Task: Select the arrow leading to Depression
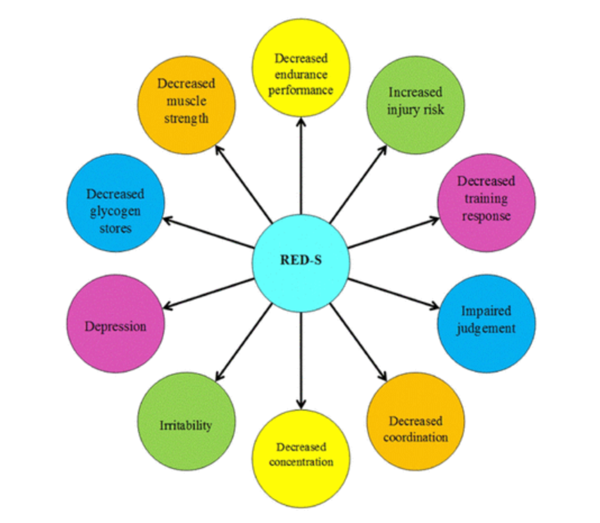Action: coord(208,293)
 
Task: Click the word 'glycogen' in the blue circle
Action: coord(115,212)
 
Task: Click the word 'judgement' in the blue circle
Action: coord(486,329)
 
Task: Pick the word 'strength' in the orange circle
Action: coord(186,119)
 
